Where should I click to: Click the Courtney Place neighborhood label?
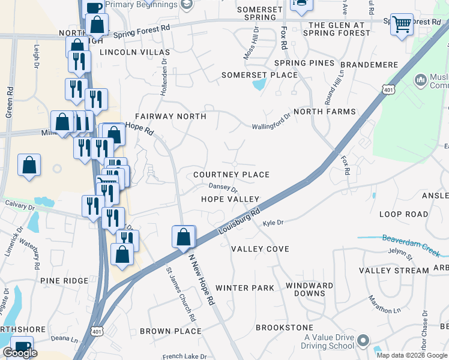pyautogui.click(x=231, y=175)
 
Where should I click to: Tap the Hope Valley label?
pyautogui.click(x=230, y=199)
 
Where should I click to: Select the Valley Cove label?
pyautogui.click(x=260, y=249)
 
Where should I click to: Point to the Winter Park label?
pyautogui.click(x=244, y=288)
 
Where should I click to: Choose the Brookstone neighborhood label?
pyautogui.click(x=285, y=328)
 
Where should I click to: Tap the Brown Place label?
pyautogui.click(x=170, y=331)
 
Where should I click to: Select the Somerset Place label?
pyautogui.click(x=259, y=75)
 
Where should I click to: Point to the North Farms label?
pyautogui.click(x=325, y=112)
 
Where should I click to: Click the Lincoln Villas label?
pyautogui.click(x=135, y=52)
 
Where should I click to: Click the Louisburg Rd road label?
pyautogui.click(x=240, y=220)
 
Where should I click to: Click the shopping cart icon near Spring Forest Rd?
pyautogui.click(x=402, y=25)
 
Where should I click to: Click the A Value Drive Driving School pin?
pyautogui.click(x=363, y=341)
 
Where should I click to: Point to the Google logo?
pyautogui.click(x=20, y=353)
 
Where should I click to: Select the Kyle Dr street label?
pyautogui.click(x=273, y=223)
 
